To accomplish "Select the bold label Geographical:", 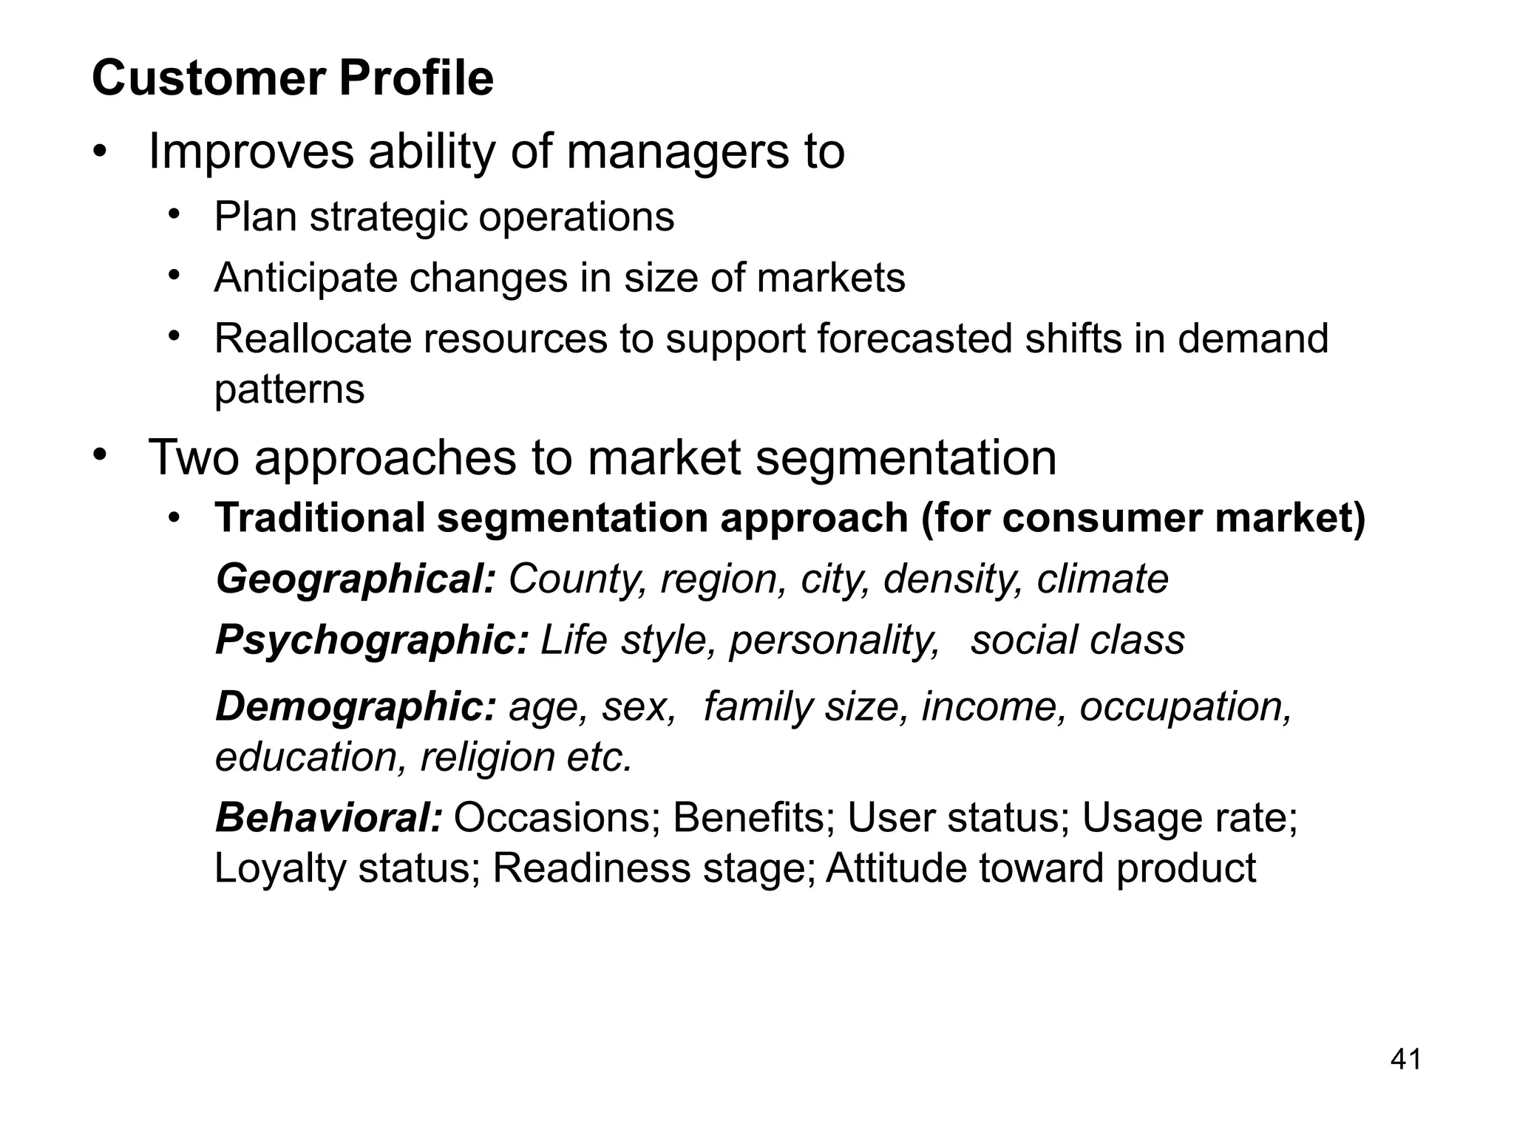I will pyautogui.click(x=355, y=579).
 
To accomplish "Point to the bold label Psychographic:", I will pyautogui.click(x=372, y=640).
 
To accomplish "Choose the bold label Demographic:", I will pyautogui.click(x=356, y=706).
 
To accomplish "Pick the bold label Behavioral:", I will pyautogui.click(x=329, y=818).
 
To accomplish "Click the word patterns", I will pyautogui.click(x=289, y=389).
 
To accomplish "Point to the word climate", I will pyautogui.click(x=1102, y=579).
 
